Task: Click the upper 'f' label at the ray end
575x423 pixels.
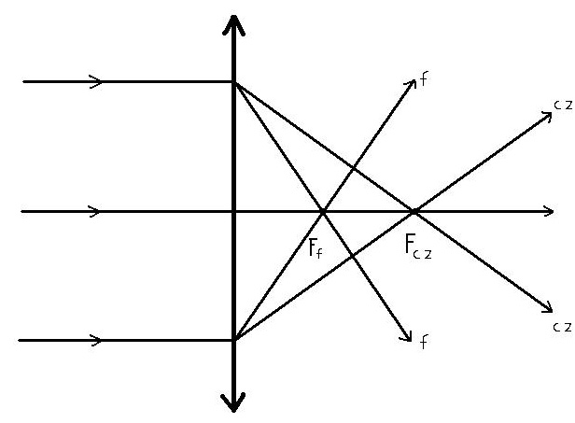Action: [424, 79]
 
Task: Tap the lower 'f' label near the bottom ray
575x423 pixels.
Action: [423, 342]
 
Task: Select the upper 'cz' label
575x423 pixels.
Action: [563, 106]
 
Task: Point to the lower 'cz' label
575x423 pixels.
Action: [562, 327]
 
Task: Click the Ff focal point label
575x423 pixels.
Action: [316, 248]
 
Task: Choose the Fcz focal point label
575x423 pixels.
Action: [418, 247]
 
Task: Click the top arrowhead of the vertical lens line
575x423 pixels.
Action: [233, 25]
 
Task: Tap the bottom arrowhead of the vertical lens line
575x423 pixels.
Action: [233, 402]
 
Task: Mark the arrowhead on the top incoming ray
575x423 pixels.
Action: [96, 81]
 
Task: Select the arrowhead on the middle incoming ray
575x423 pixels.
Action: [94, 211]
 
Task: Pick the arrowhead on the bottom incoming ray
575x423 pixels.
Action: [95, 340]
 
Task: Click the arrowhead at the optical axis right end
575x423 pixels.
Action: [549, 211]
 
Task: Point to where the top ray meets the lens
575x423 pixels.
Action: [234, 82]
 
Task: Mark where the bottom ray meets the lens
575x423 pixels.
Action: [234, 340]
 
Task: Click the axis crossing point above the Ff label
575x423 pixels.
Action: [323, 212]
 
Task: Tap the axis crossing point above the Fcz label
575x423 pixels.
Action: [414, 212]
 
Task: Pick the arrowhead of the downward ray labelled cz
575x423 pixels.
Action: [547, 307]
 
